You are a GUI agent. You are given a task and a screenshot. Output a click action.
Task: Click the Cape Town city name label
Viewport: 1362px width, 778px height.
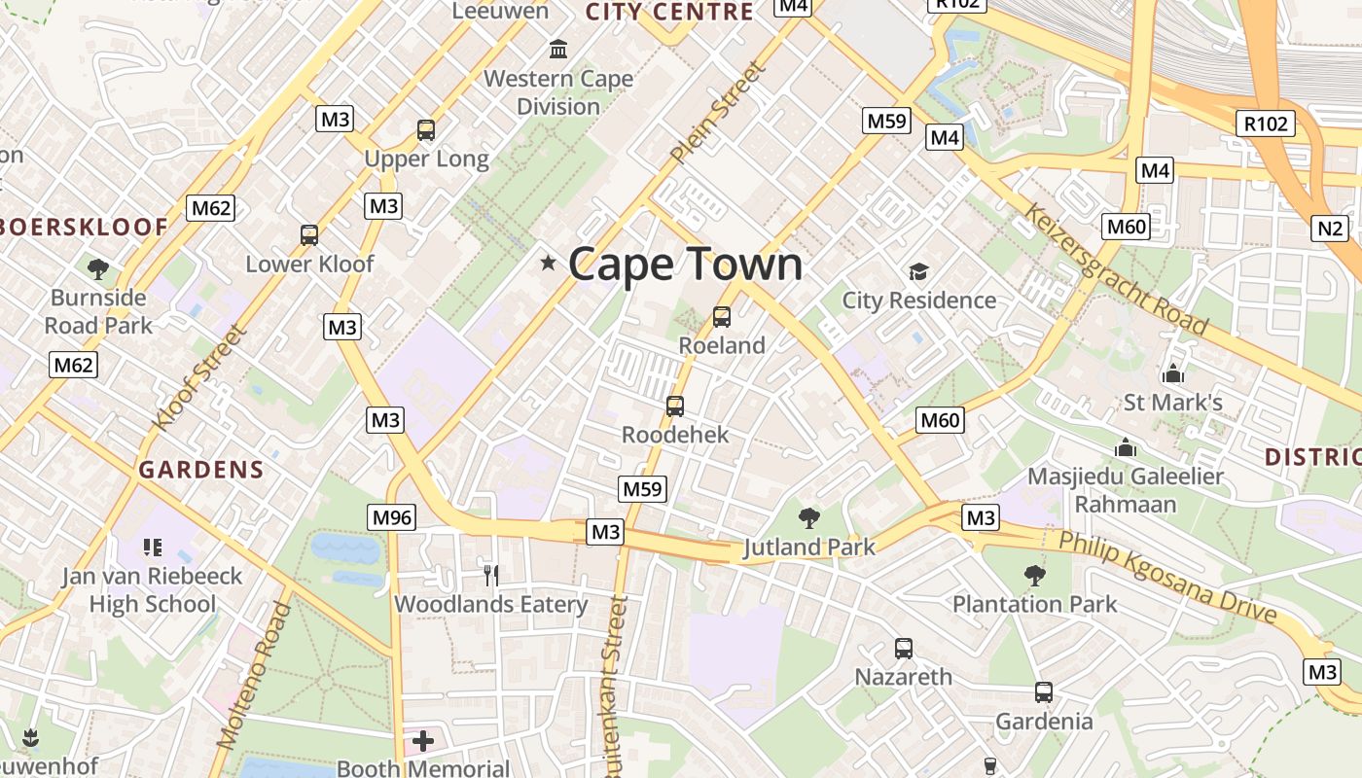[686, 264]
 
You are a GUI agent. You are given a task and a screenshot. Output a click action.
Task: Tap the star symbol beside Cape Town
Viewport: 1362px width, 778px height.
[549, 262]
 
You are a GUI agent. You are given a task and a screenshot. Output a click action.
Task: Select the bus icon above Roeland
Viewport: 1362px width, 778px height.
[722, 316]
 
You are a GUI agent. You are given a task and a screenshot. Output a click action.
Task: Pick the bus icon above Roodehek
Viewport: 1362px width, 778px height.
[675, 406]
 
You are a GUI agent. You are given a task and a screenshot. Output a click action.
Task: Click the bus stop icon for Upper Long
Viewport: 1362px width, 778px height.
[426, 129]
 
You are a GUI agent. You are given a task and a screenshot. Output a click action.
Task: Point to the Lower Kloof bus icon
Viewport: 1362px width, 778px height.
[309, 234]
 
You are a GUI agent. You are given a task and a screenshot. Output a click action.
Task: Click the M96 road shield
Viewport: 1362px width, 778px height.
[392, 517]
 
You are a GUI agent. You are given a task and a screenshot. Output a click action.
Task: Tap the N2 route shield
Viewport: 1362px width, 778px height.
[1330, 229]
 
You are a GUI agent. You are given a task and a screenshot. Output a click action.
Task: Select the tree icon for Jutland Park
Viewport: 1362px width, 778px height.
[808, 517]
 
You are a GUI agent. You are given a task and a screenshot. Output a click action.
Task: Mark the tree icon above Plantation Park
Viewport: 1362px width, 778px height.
[1034, 575]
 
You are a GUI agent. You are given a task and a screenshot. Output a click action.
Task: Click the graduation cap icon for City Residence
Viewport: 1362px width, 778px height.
[918, 271]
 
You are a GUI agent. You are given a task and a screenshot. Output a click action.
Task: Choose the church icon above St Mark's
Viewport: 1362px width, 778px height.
[1173, 372]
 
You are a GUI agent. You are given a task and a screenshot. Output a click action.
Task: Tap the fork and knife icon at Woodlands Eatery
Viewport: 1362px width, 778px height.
[491, 575]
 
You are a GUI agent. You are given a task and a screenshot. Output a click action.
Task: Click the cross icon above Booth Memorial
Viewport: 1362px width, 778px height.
[422, 741]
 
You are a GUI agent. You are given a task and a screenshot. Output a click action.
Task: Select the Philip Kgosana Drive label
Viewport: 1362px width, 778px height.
[1167, 577]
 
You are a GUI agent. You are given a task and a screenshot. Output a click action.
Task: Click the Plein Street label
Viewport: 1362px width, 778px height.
[719, 112]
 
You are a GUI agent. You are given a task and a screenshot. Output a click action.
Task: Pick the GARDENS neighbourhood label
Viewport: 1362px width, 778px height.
[201, 470]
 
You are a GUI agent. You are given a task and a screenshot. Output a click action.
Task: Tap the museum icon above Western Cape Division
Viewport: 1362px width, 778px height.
[558, 49]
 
